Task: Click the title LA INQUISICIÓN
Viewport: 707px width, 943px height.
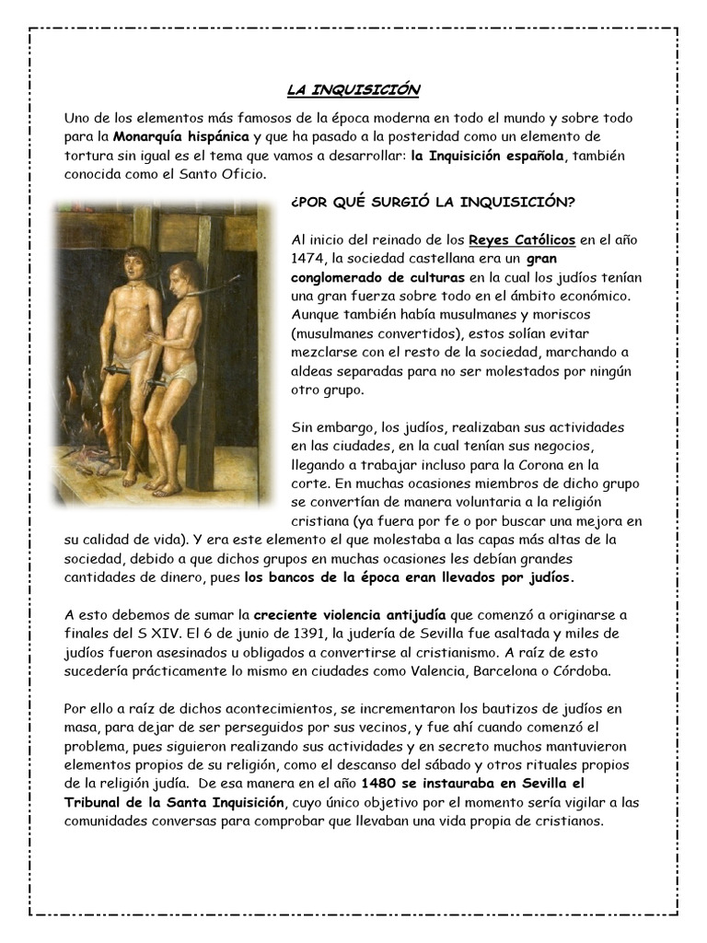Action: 353,89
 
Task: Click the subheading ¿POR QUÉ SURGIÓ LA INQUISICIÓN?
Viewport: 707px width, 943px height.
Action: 433,202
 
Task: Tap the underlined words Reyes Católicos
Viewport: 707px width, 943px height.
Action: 522,240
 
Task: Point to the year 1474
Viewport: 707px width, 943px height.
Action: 307,259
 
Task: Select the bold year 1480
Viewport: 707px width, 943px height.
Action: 381,784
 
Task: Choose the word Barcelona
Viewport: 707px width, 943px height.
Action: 508,670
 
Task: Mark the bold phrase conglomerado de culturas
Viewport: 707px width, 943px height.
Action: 377,277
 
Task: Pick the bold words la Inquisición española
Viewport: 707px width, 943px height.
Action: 486,155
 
